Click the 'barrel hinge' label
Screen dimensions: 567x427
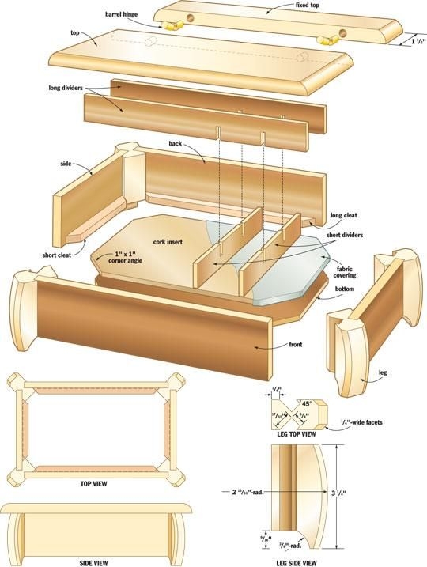(x=123, y=14)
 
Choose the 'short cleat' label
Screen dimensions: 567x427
(x=60, y=255)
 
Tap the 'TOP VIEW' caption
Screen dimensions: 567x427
(x=94, y=482)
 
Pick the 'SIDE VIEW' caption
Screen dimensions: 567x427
(x=94, y=562)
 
